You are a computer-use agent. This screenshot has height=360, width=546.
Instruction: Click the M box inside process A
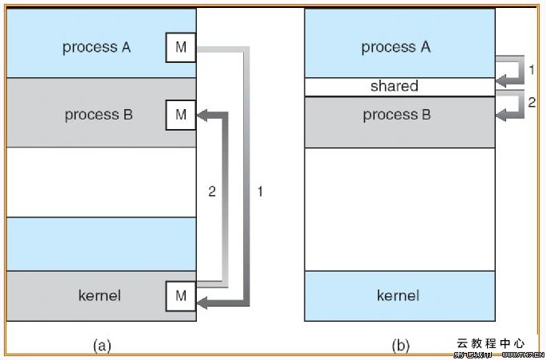pyautogui.click(x=181, y=48)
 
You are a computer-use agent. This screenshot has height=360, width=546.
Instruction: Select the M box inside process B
pyautogui.click(x=181, y=115)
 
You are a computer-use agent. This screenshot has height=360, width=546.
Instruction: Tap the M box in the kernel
pyautogui.click(x=181, y=296)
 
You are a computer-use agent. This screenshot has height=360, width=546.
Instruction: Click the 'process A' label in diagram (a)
pyautogui.click(x=96, y=47)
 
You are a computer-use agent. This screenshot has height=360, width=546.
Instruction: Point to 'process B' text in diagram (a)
pyautogui.click(x=99, y=115)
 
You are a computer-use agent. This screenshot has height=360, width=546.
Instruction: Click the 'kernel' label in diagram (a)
pyautogui.click(x=100, y=295)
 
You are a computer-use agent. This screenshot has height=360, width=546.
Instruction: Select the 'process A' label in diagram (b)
pyautogui.click(x=395, y=47)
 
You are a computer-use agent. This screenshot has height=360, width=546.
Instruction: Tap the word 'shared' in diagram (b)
pyautogui.click(x=394, y=86)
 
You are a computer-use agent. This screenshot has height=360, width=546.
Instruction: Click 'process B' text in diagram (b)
pyautogui.click(x=397, y=115)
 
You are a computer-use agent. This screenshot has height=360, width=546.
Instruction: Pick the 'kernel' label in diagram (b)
pyautogui.click(x=398, y=295)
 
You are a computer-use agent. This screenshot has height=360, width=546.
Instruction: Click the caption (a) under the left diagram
pyautogui.click(x=101, y=345)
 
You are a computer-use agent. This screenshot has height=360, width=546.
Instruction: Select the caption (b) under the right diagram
pyautogui.click(x=400, y=345)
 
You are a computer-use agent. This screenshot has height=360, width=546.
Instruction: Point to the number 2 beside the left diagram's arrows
pyautogui.click(x=212, y=192)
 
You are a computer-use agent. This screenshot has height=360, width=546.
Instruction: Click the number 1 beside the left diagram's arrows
pyautogui.click(x=260, y=192)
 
